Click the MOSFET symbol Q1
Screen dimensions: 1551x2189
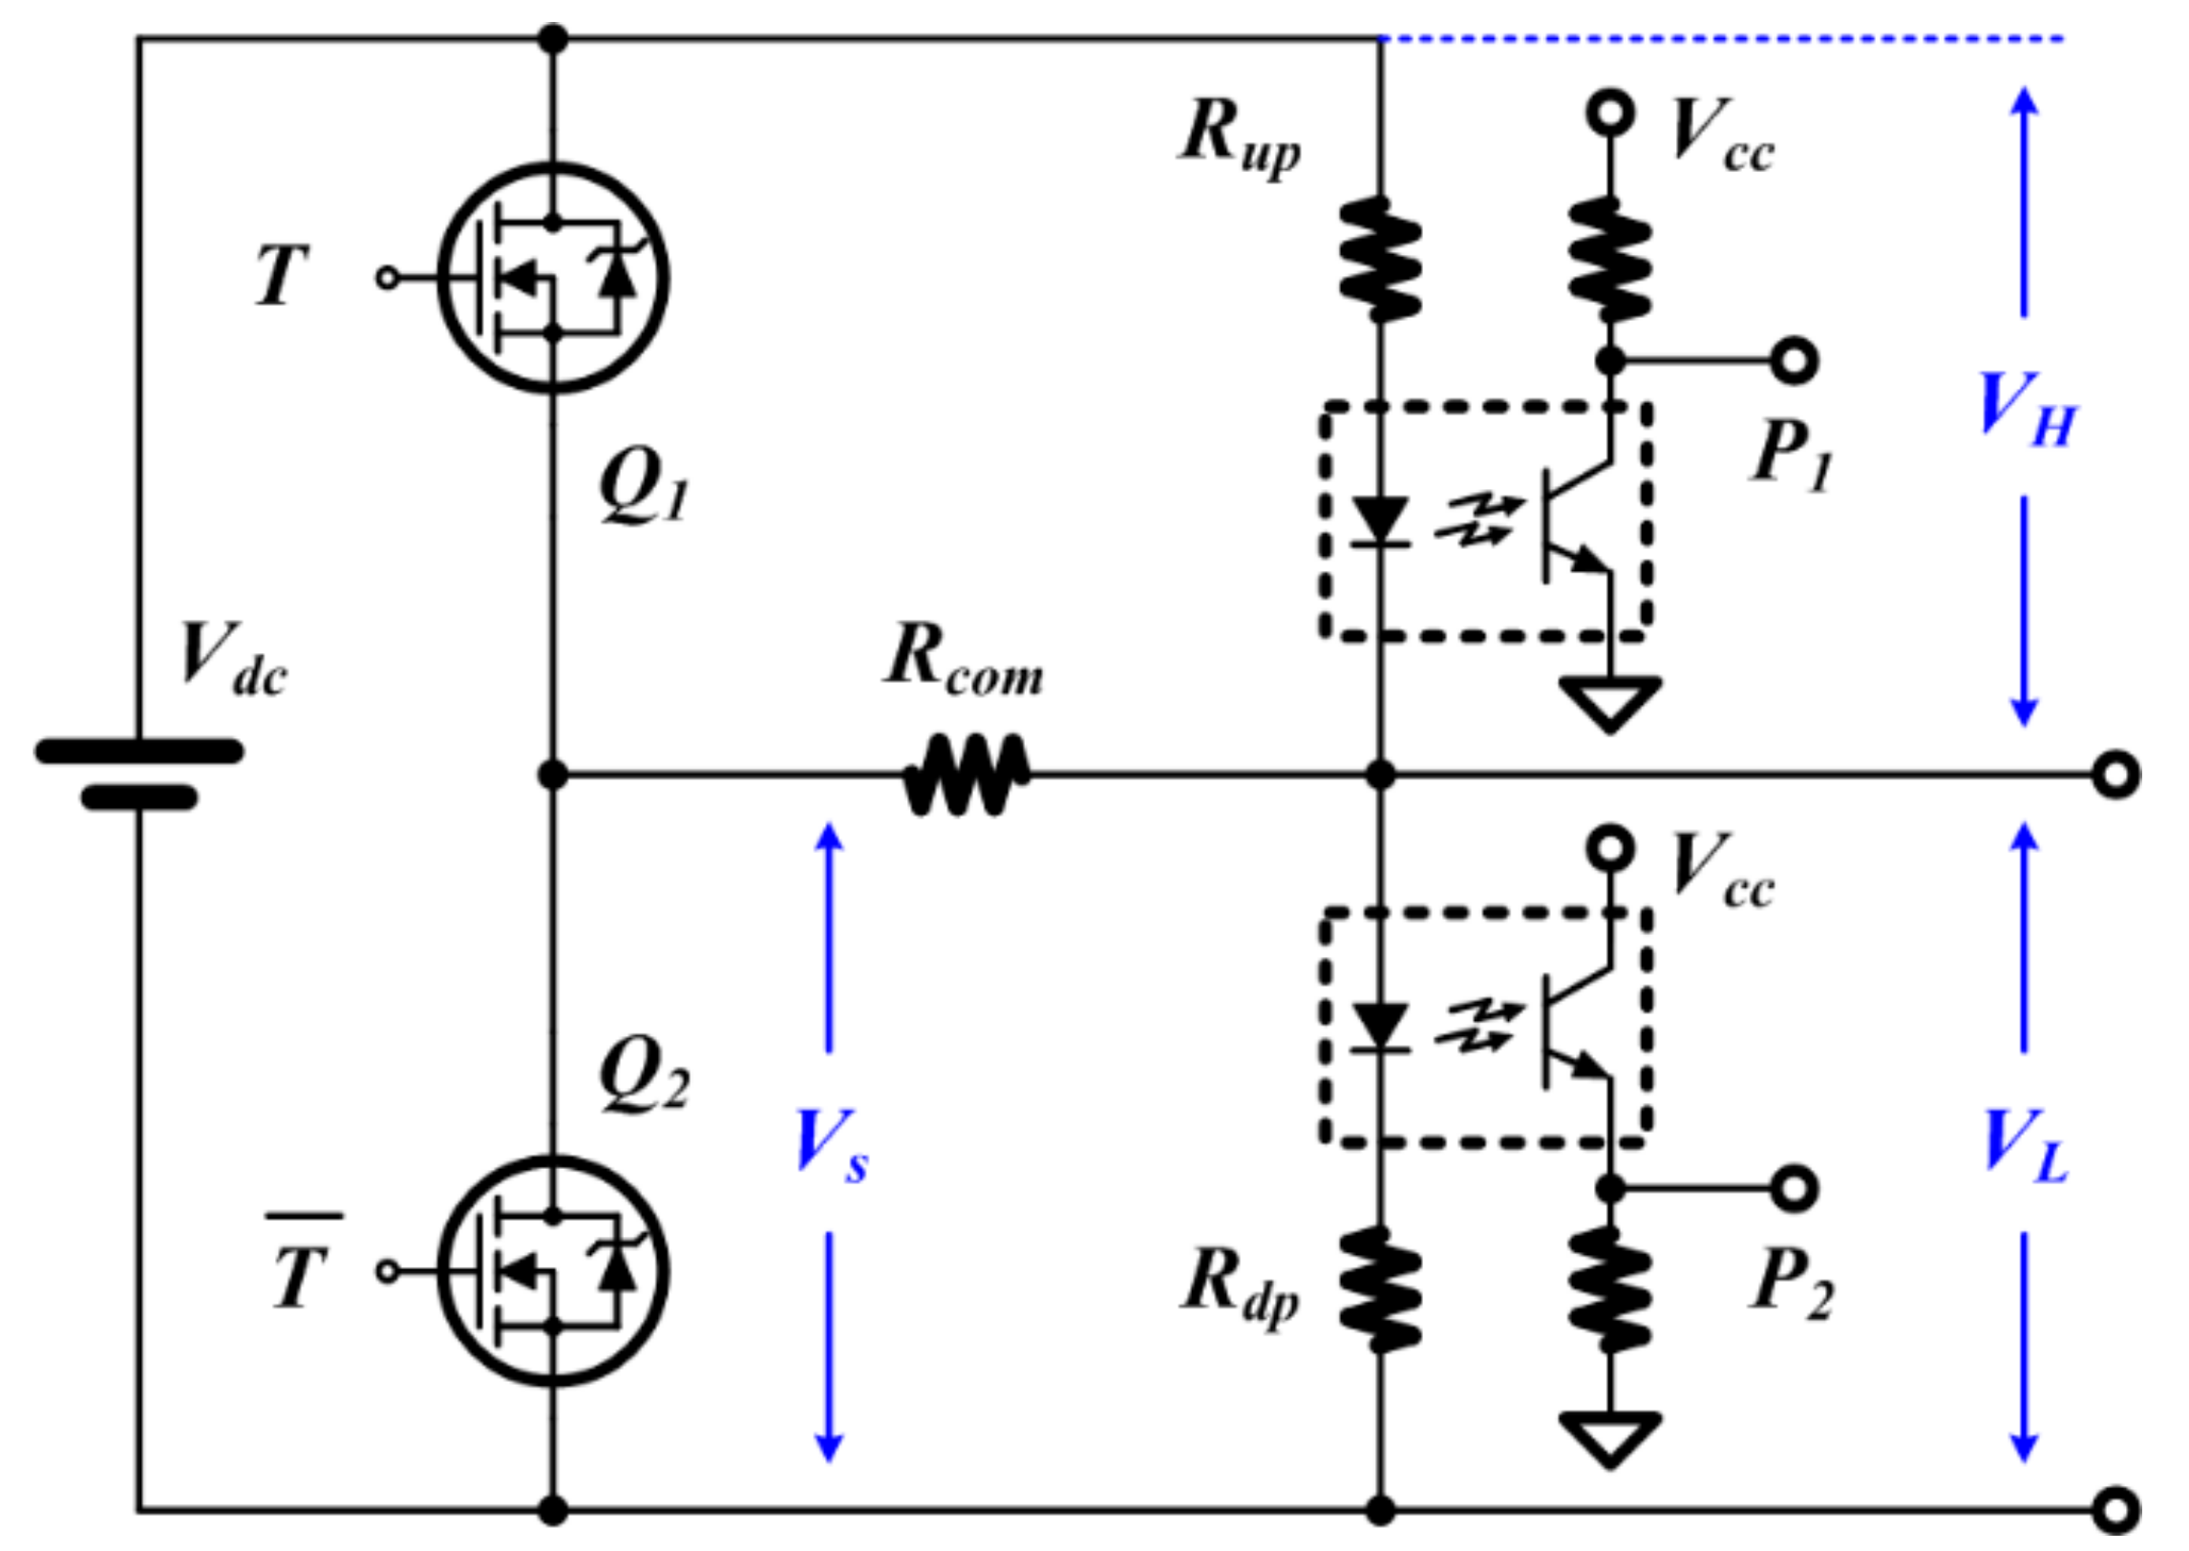(552, 278)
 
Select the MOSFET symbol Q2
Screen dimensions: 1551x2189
(552, 1270)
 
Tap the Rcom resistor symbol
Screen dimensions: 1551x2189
(967, 775)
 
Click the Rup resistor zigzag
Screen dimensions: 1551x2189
(1379, 259)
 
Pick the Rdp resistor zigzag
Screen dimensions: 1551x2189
(1379, 1289)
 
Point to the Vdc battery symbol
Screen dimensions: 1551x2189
(139, 775)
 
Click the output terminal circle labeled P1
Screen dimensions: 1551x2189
(1794, 361)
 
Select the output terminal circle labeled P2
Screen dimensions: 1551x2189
(1794, 1188)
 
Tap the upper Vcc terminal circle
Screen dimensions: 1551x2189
(1610, 114)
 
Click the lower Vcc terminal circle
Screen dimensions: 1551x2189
(1610, 847)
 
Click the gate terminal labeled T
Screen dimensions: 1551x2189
(387, 278)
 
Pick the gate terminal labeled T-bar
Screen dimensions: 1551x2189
(387, 1270)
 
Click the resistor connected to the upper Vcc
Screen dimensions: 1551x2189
(1610, 259)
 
